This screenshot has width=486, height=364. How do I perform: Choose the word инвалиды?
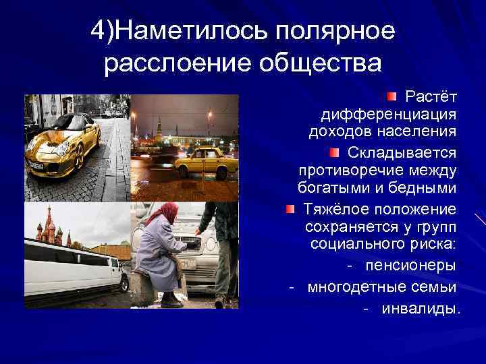click(x=421, y=309)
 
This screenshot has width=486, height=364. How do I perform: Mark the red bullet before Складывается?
click(x=335, y=153)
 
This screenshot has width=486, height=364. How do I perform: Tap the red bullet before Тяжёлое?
click(x=289, y=209)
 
